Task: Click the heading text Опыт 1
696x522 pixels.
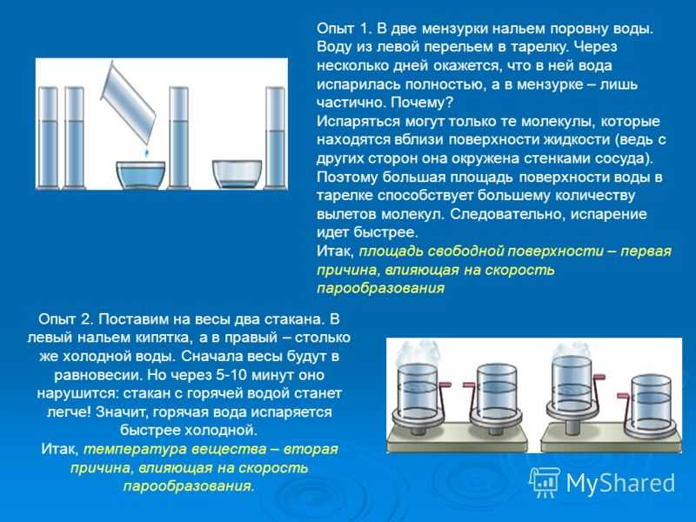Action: tap(343, 29)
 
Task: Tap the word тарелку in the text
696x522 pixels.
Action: tap(541, 48)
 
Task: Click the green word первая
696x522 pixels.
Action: tap(646, 251)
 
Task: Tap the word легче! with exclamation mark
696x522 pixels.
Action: tap(69, 412)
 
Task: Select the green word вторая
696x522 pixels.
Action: tap(311, 449)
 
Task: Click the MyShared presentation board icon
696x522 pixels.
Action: tap(545, 482)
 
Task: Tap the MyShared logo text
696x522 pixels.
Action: tap(620, 483)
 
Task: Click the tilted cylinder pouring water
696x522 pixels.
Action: tap(128, 103)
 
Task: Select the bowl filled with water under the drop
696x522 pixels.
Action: tap(141, 175)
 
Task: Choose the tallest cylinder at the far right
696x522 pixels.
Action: tap(275, 137)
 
